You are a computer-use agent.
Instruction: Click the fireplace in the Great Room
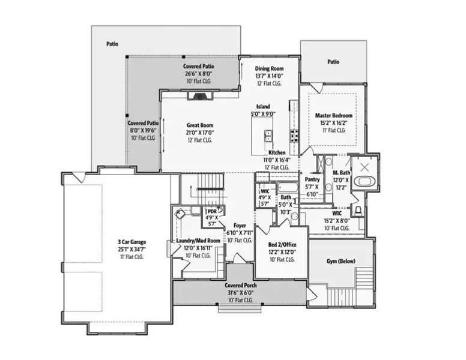point(200,95)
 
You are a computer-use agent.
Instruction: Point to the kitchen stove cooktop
point(295,136)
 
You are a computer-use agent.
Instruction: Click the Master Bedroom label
point(333,115)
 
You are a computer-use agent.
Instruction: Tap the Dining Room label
point(268,69)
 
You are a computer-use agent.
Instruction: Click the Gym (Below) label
point(340,262)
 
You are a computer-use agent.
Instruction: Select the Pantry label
point(312,179)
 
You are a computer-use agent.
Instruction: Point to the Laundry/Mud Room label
point(198,241)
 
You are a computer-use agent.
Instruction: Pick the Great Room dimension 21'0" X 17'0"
point(199,133)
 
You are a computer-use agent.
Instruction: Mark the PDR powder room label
point(211,211)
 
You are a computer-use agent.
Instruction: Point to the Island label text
point(262,106)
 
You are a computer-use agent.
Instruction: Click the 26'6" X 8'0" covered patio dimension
point(199,73)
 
